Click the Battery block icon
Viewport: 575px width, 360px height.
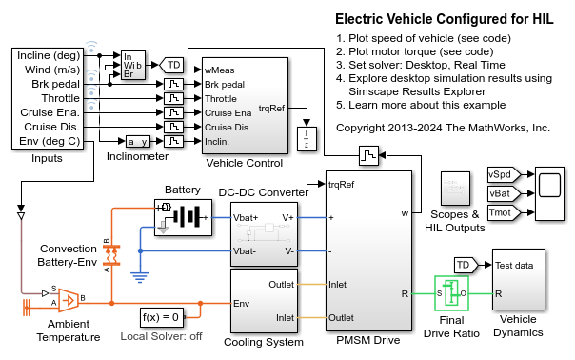[182, 215]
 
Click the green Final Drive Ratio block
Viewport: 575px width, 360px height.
[452, 292]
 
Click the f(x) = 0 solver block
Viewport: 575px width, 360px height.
[160, 317]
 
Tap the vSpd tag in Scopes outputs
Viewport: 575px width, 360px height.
[499, 175]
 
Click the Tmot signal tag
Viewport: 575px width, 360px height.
[499, 211]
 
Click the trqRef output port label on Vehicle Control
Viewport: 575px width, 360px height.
[270, 108]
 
